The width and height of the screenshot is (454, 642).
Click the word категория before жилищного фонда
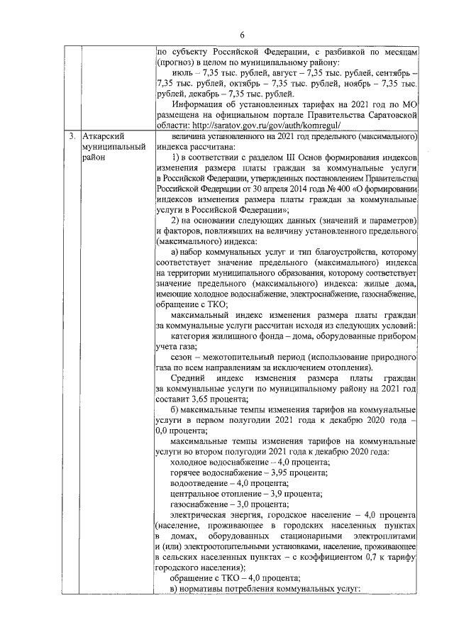[194, 336]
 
